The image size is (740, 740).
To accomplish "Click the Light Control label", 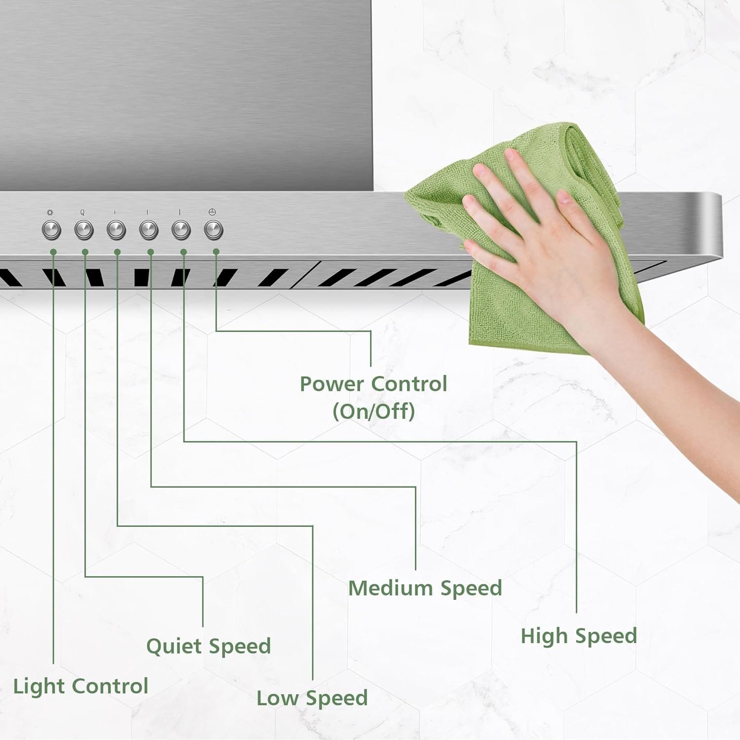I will click(x=80, y=686).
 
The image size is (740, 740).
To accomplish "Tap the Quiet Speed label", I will click(x=208, y=646).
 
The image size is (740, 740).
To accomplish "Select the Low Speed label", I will click(x=312, y=698).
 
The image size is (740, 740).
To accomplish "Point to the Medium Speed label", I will click(x=425, y=588).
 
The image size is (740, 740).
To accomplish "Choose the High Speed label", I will click(x=579, y=636).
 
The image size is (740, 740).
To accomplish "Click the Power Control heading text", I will click(x=373, y=384).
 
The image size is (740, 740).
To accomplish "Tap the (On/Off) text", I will click(x=373, y=411).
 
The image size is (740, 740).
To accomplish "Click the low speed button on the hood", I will click(x=116, y=230).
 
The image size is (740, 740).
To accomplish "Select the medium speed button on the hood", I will click(x=148, y=230).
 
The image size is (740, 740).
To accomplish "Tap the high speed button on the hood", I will click(x=181, y=230).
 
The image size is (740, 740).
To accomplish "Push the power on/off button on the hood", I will click(x=214, y=230).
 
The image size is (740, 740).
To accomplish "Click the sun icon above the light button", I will click(x=50, y=213).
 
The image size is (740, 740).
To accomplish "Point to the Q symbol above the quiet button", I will click(x=82, y=213).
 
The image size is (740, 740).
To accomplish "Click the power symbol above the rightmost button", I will click(x=212, y=212).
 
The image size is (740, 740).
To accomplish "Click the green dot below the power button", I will click(x=216, y=252).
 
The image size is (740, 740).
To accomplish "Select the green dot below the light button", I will click(x=53, y=252).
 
